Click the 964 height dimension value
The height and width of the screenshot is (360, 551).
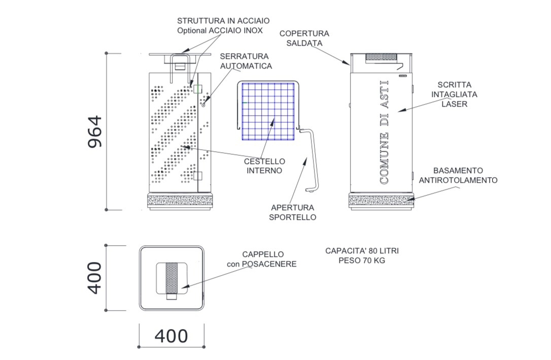pyautogui.click(x=95, y=132)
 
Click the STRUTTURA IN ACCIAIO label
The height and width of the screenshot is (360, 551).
pyautogui.click(x=223, y=21)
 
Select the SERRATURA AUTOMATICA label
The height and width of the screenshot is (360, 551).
pyautogui.click(x=246, y=61)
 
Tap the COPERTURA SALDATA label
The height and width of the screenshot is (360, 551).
pyautogui.click(x=304, y=38)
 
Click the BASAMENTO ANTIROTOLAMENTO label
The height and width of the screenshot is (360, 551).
pyautogui.click(x=458, y=175)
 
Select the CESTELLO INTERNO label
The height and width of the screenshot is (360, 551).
pyautogui.click(x=264, y=166)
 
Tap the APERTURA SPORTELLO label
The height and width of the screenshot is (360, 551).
pyautogui.click(x=293, y=212)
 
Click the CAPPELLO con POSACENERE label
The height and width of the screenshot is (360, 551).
pyautogui.click(x=262, y=259)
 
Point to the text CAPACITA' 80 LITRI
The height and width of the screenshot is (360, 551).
pyautogui.click(x=358, y=251)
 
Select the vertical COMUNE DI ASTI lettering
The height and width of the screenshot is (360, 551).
pyautogui.click(x=385, y=132)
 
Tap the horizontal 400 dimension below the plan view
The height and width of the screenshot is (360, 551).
pyautogui.click(x=171, y=336)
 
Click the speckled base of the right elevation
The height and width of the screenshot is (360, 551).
pyautogui.click(x=381, y=202)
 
